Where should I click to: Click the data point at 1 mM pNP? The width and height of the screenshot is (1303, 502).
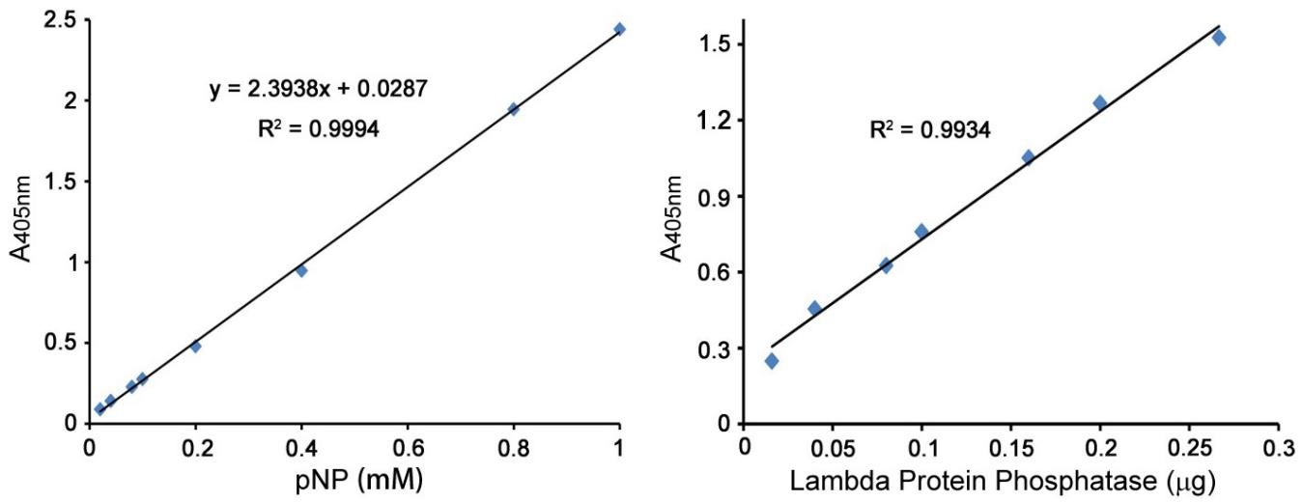coord(619,29)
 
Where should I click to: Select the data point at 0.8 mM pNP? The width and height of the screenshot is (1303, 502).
coord(513,109)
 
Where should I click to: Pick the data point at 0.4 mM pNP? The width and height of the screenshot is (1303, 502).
coord(301,270)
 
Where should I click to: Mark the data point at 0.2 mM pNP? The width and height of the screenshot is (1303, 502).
coord(195,347)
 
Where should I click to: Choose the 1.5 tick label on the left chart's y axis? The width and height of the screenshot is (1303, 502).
coord(56,181)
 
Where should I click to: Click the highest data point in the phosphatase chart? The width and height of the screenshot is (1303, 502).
coord(1219,38)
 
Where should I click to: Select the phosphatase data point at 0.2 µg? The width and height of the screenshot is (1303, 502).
coord(1099,102)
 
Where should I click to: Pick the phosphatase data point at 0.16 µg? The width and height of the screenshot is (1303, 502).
coord(1028,157)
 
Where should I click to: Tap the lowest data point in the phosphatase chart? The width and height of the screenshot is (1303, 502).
coord(772,361)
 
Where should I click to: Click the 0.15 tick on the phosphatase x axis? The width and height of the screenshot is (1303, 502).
coord(1010,448)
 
